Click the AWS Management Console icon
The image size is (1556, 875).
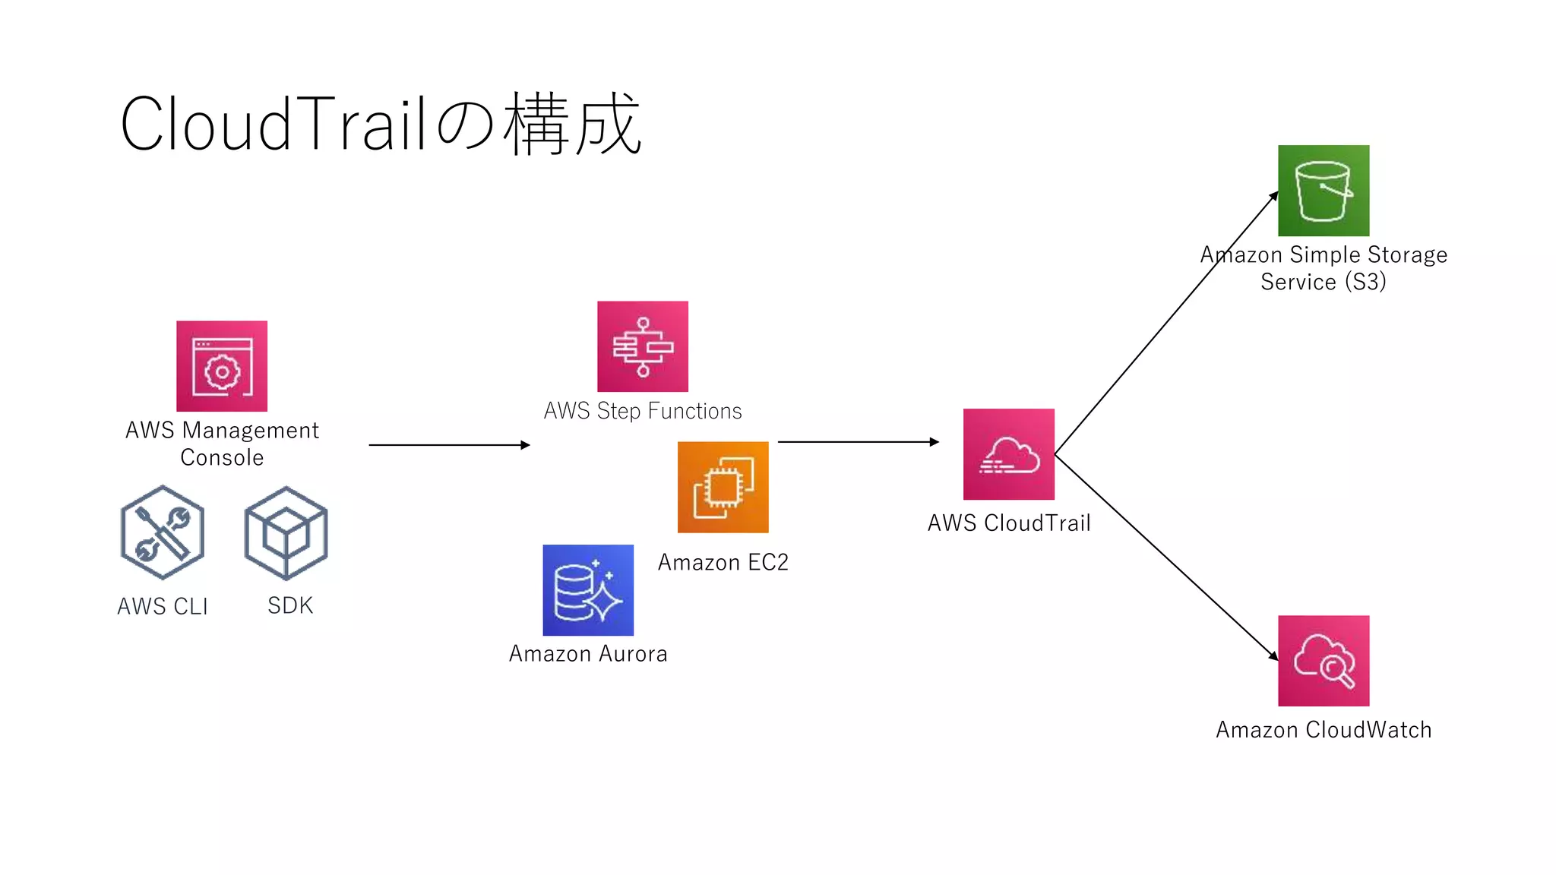click(x=222, y=366)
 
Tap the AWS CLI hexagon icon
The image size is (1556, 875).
click(x=163, y=532)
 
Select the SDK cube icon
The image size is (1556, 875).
click(x=286, y=533)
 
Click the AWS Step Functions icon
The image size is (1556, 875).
click(x=643, y=346)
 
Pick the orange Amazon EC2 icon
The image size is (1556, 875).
click(x=723, y=487)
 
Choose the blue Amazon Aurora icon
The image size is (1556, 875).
click(x=588, y=590)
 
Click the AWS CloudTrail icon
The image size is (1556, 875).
click(x=1009, y=454)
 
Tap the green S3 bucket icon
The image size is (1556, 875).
click(x=1324, y=191)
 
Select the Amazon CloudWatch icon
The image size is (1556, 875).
click(x=1324, y=661)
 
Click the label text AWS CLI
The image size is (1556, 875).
click(x=163, y=606)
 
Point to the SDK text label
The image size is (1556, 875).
click(x=290, y=605)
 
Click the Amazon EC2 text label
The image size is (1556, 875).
click(x=723, y=562)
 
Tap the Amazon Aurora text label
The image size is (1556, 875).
click(x=588, y=653)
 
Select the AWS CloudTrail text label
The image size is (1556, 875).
click(x=1009, y=523)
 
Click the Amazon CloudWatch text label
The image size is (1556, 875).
click(x=1324, y=729)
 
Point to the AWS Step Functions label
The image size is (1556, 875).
click(x=643, y=411)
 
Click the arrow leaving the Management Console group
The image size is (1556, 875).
click(x=448, y=445)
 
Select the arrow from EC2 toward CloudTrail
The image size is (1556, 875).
click(x=859, y=442)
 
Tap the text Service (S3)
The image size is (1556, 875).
click(x=1324, y=282)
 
